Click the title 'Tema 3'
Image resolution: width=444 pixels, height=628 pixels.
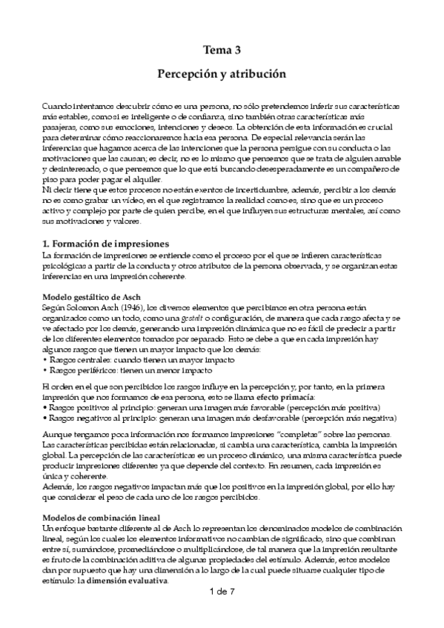click(222, 50)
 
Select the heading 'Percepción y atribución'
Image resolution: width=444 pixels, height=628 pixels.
click(222, 76)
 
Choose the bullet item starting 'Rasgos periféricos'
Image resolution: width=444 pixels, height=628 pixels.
click(130, 370)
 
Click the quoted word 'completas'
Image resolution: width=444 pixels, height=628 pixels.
click(312, 433)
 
